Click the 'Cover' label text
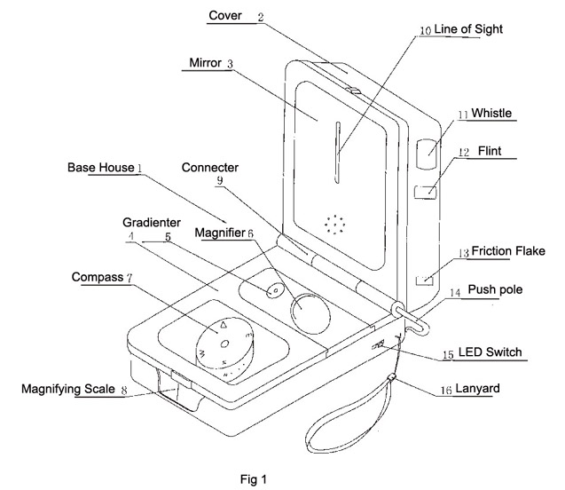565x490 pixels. pos(225,15)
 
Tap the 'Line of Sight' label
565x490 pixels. pos(468,29)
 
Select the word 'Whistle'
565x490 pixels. pos(491,114)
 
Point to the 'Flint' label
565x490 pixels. pos(490,151)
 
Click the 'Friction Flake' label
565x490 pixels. pos(508,251)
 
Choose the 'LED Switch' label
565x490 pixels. pos(490,352)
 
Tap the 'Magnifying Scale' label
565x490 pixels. pos(68,389)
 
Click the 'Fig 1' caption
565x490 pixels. pos(254,479)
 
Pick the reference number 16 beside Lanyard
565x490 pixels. pos(446,390)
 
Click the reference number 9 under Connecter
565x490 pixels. pos(219,180)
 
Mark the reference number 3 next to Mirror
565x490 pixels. pos(230,64)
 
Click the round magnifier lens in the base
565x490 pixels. pos(310,313)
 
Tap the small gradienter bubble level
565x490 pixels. pos(275,290)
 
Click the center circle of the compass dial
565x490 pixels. pos(224,344)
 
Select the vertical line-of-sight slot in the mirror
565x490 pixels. pos(338,153)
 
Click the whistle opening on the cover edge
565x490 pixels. pos(427,154)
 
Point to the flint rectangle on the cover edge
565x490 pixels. pos(426,192)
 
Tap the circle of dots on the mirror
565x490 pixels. pos(334,225)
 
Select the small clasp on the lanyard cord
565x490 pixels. pos(392,377)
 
